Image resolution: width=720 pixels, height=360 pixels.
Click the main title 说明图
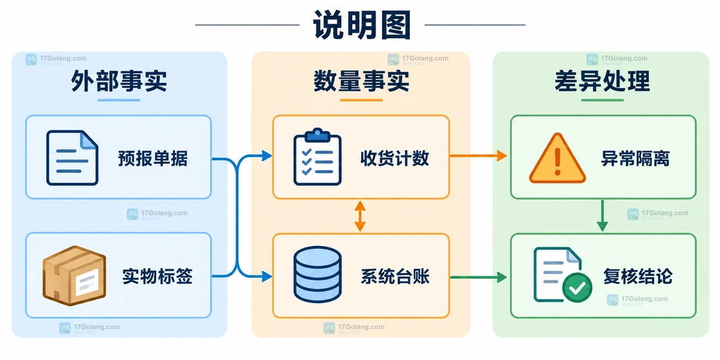pyautogui.click(x=361, y=24)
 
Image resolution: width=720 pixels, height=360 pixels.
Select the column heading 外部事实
pyautogui.click(x=119, y=82)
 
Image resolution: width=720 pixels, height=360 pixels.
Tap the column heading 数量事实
pyautogui.click(x=361, y=82)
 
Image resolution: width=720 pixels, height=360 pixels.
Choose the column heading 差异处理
pyautogui.click(x=602, y=82)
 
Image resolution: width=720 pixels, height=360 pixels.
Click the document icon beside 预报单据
pyautogui.click(x=72, y=157)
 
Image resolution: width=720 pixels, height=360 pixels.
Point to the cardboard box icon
pyautogui.click(x=75, y=276)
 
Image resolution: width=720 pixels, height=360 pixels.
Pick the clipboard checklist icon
pyautogui.click(x=317, y=157)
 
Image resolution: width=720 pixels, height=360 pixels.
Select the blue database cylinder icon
pyautogui.click(x=317, y=274)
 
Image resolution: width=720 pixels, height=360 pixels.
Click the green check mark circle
pyautogui.click(x=577, y=288)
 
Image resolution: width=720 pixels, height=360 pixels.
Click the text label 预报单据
pyautogui.click(x=153, y=158)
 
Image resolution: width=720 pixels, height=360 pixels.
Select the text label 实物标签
pyautogui.click(x=157, y=276)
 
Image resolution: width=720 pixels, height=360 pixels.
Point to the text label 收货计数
pyautogui.click(x=395, y=158)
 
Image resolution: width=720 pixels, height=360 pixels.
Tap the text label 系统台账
pyautogui.click(x=395, y=276)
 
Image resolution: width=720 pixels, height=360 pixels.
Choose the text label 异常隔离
pyautogui.click(x=635, y=158)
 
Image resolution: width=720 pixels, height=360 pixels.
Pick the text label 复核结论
pyautogui.click(x=638, y=276)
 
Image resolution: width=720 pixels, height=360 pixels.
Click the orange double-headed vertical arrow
pyautogui.click(x=360, y=216)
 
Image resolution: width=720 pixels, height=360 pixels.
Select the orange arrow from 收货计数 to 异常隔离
pyautogui.click(x=478, y=156)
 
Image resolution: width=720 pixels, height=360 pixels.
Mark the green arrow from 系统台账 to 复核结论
pyautogui.click(x=478, y=277)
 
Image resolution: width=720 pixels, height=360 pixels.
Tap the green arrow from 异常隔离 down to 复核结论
pyautogui.click(x=602, y=216)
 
